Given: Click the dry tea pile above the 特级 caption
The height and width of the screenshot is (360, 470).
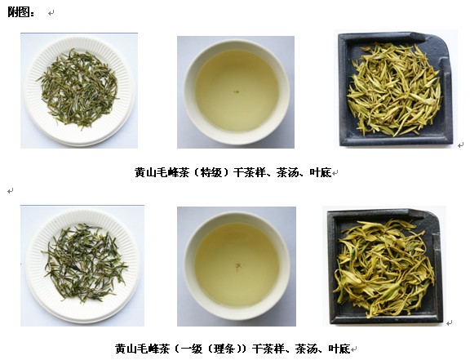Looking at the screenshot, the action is pos(78,88).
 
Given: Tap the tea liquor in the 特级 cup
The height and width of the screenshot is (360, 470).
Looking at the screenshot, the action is pos(237,91).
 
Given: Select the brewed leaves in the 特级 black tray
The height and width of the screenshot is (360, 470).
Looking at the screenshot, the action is pos(394,90).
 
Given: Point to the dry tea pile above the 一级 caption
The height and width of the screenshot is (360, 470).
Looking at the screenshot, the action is pos(86,263).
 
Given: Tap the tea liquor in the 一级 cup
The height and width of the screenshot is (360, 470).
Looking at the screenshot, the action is pos(237,264).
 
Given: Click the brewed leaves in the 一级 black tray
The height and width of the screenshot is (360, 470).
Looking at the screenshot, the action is pos(384,269).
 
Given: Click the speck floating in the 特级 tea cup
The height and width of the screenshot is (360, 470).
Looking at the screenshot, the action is pos(237,91).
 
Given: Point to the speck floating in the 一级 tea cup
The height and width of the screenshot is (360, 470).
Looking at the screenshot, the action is pos(237,266).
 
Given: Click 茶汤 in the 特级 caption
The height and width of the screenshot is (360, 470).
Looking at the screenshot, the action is pos(287,172).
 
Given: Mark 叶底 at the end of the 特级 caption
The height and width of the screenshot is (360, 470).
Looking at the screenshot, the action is pos(321,172).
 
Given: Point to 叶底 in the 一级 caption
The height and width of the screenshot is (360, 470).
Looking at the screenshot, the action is pos(339,349).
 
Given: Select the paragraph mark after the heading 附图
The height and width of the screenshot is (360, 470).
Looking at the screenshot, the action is pos(51,13).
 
